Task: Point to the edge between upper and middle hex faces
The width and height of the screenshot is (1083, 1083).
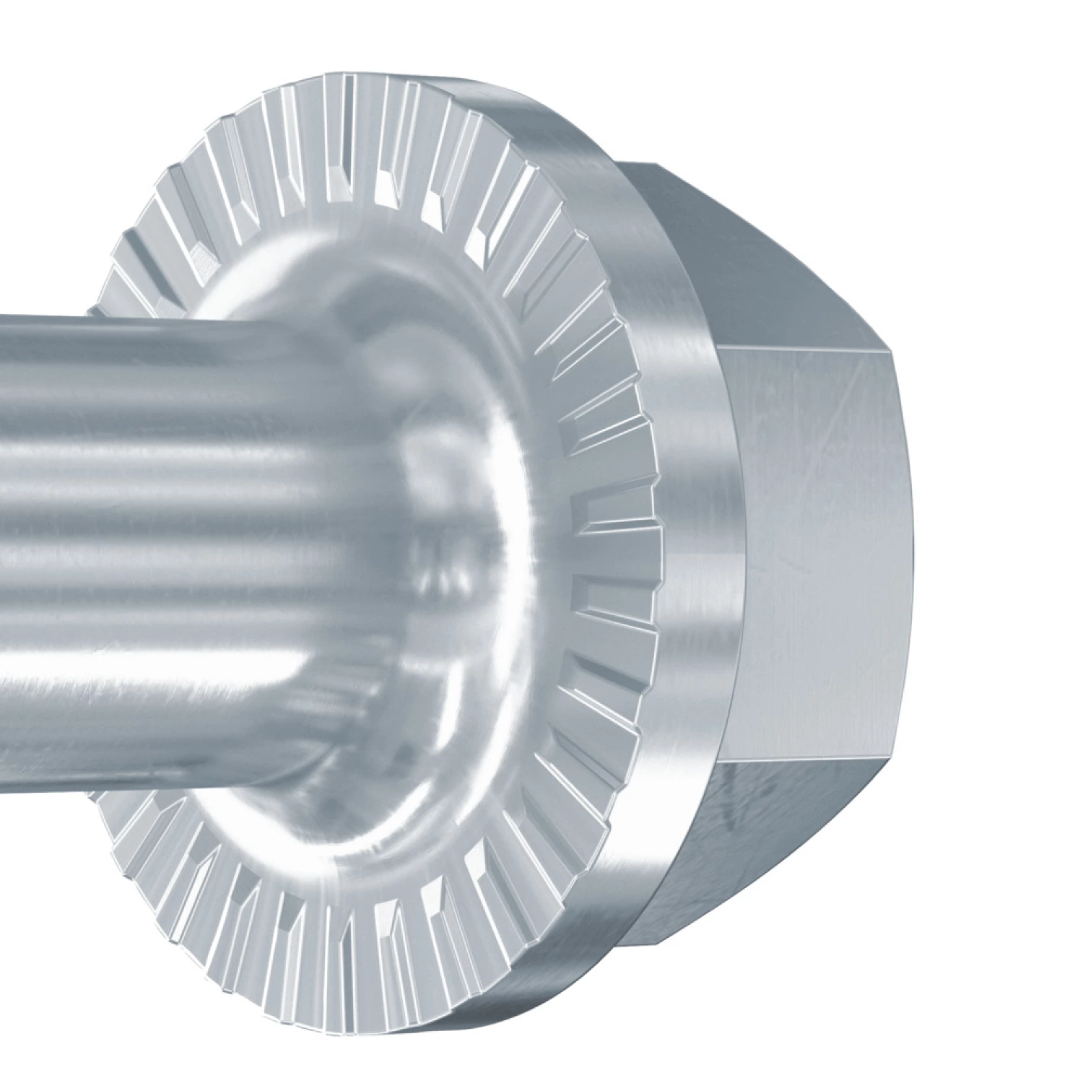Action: (801, 347)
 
